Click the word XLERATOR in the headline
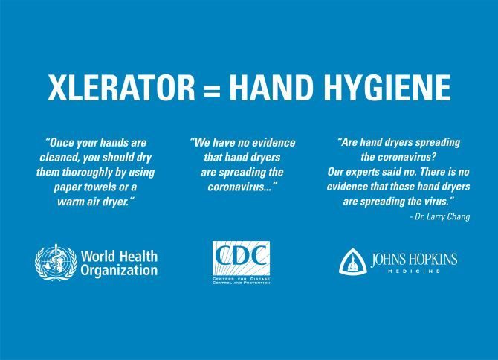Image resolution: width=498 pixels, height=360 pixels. [x=121, y=87]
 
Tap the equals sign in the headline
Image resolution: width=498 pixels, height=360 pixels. [x=211, y=91]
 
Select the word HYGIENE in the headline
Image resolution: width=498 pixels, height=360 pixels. [x=387, y=87]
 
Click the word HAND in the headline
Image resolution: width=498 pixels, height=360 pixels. [x=269, y=87]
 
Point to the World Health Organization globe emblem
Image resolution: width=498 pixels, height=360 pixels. [x=56, y=263]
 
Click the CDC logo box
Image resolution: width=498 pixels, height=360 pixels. [x=241, y=258]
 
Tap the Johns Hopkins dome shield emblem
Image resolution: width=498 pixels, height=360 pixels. [x=353, y=262]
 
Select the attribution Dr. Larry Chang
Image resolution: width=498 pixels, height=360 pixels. [x=440, y=216]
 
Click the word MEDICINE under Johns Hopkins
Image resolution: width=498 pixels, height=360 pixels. [x=414, y=271]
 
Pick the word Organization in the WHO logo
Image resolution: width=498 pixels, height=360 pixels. [x=119, y=271]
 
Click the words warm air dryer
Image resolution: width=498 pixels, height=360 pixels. [x=94, y=202]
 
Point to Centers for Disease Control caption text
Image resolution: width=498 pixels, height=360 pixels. [x=241, y=280]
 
